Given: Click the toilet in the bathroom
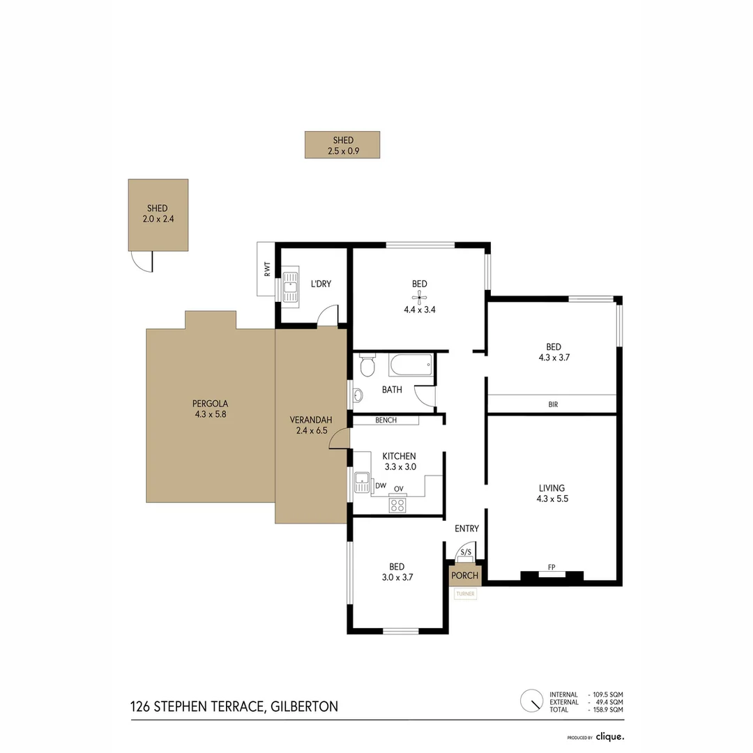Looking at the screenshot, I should pos(367,366).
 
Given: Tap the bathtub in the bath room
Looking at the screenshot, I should pos(411,365).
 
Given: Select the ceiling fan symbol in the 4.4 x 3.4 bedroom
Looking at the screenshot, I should pos(419,296).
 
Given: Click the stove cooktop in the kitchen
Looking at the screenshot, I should pos(397,505).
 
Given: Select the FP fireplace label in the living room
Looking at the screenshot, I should pos(552,568).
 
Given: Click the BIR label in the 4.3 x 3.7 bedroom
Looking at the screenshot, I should pos(553,404).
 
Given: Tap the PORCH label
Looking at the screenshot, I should pos(465,575).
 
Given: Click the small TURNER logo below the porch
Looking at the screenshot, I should pos(465,594).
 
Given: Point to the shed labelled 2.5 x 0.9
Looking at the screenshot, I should pos(342,145).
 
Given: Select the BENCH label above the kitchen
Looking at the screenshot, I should pos(386,420).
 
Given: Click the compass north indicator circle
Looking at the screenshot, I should pos(531,700).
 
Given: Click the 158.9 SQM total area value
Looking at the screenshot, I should pos(607,709).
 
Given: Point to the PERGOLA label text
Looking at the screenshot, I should pos(211,403).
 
